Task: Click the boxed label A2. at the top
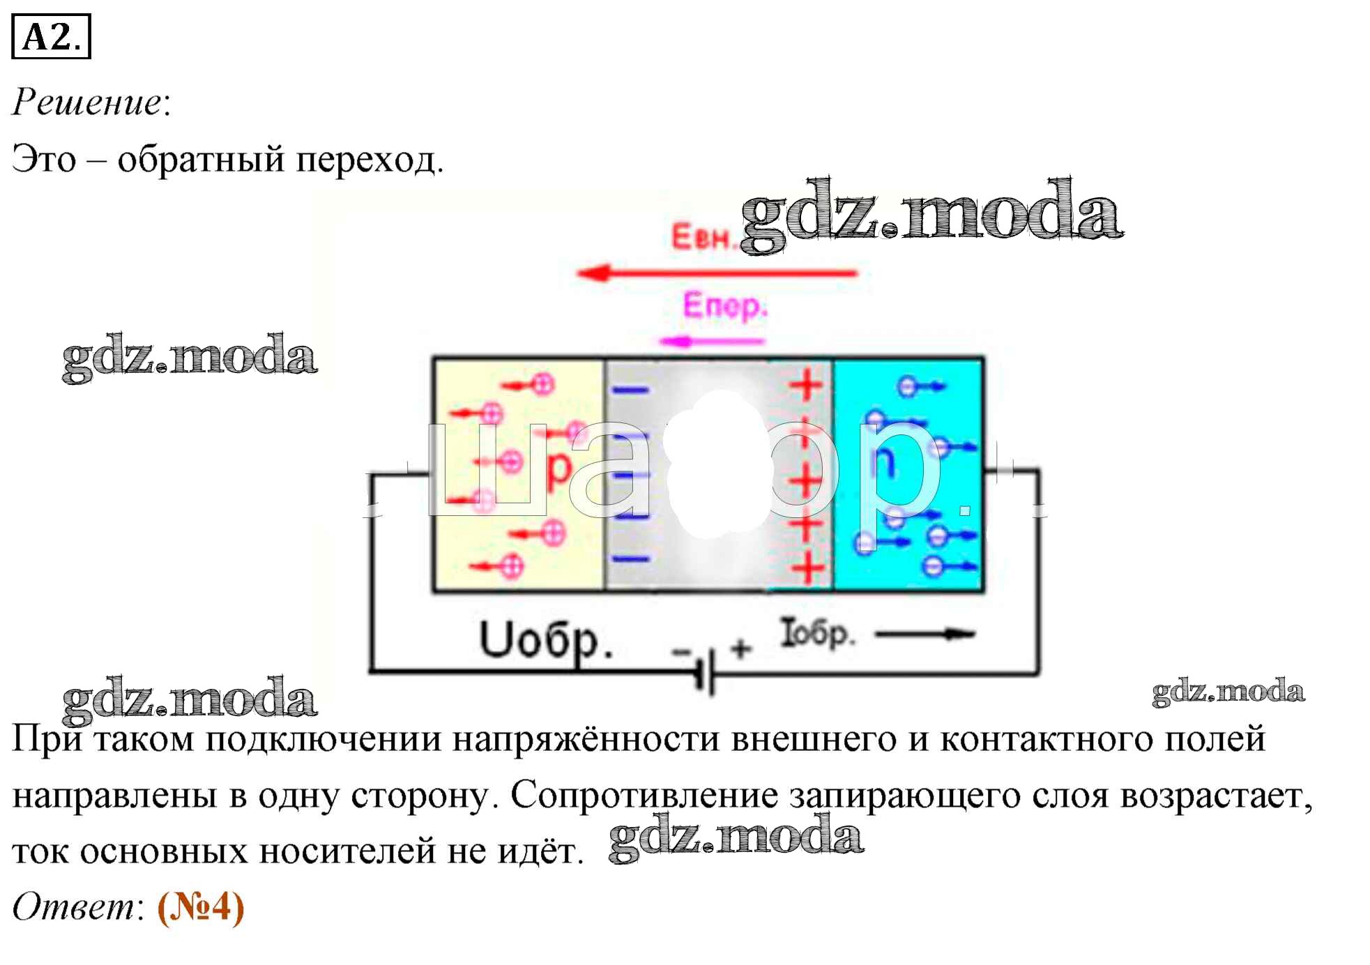pos(51,37)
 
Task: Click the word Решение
pos(87,102)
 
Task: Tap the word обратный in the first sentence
pos(201,160)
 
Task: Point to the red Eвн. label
pos(701,237)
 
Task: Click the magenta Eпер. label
pos(724,306)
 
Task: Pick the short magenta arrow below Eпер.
pos(711,341)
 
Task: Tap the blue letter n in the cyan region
pos(883,462)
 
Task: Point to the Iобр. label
pos(816,633)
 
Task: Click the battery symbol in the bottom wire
pos(706,672)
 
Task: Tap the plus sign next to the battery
pos(740,648)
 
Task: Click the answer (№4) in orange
pos(201,907)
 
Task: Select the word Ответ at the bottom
pos(73,907)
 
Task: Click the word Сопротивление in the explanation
pos(644,796)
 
